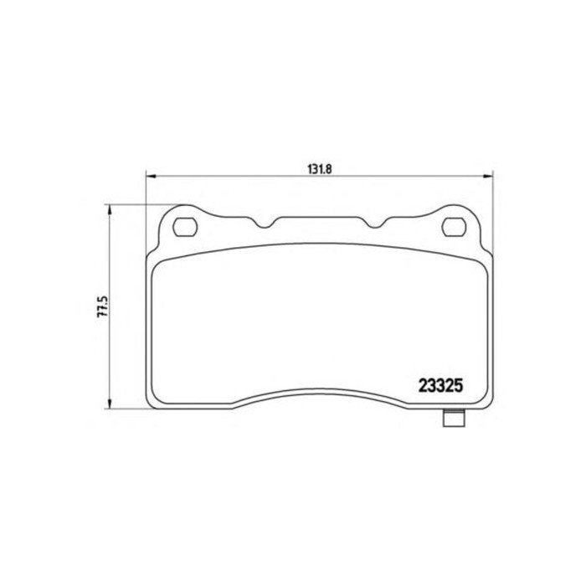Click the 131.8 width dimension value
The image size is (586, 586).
(320, 169)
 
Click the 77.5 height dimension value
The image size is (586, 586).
(102, 306)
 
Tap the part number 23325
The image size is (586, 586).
(440, 386)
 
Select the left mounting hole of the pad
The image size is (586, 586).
(185, 227)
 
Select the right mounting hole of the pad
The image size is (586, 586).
(454, 227)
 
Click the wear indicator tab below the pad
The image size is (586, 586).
(454, 419)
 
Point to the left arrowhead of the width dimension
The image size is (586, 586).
(150, 177)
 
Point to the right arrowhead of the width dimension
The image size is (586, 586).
(488, 177)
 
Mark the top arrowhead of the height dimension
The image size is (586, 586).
(110, 209)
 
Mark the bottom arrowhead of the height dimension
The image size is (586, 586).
(110, 404)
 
